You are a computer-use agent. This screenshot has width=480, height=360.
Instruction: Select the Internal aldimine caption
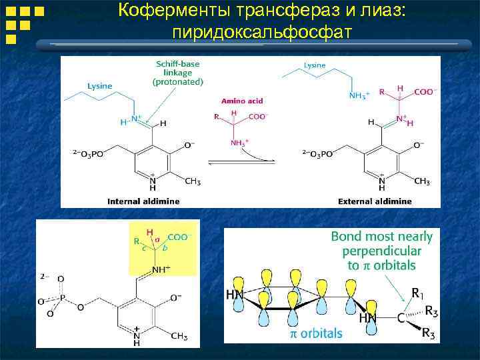click(x=142, y=201)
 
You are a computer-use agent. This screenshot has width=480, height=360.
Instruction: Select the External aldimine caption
click(x=375, y=201)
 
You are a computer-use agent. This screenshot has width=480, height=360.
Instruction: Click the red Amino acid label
click(x=241, y=101)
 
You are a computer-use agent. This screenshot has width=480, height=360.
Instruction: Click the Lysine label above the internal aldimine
click(x=100, y=86)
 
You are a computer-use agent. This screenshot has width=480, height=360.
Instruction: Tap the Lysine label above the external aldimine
click(x=315, y=65)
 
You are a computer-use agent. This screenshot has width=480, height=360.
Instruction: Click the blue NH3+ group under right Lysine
click(x=359, y=96)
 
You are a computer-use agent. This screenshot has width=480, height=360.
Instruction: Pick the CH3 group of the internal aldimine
click(x=192, y=181)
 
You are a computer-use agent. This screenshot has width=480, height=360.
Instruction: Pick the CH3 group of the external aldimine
click(x=421, y=181)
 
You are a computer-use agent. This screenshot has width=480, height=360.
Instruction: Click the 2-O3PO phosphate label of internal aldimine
click(x=89, y=153)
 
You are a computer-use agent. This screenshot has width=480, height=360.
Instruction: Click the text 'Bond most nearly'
click(x=381, y=236)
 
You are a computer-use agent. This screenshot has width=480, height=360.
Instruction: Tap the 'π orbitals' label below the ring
click(x=315, y=332)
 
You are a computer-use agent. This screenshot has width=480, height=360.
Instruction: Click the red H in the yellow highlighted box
click(x=149, y=231)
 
